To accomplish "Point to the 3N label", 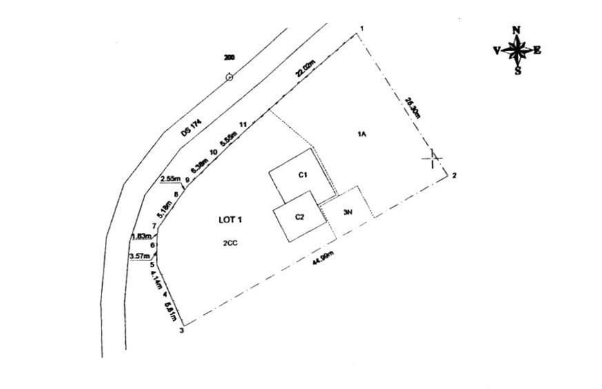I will pos(348,213).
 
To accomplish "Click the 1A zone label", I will pos(360,134).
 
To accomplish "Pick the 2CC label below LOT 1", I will pos(230,243).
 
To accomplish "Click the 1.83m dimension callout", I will pos(140,236).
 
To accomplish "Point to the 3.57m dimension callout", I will pos(139,256).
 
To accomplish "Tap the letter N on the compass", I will pos(516,30).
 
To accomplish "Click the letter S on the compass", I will pos(517,70).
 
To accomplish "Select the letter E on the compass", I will pos(538,50).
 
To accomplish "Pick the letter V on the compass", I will pos(496,50).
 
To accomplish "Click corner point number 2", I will pos(454,176).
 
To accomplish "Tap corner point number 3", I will pos(182,331).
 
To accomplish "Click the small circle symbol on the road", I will pos(230,77).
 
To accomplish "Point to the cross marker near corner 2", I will pos(432,158).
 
